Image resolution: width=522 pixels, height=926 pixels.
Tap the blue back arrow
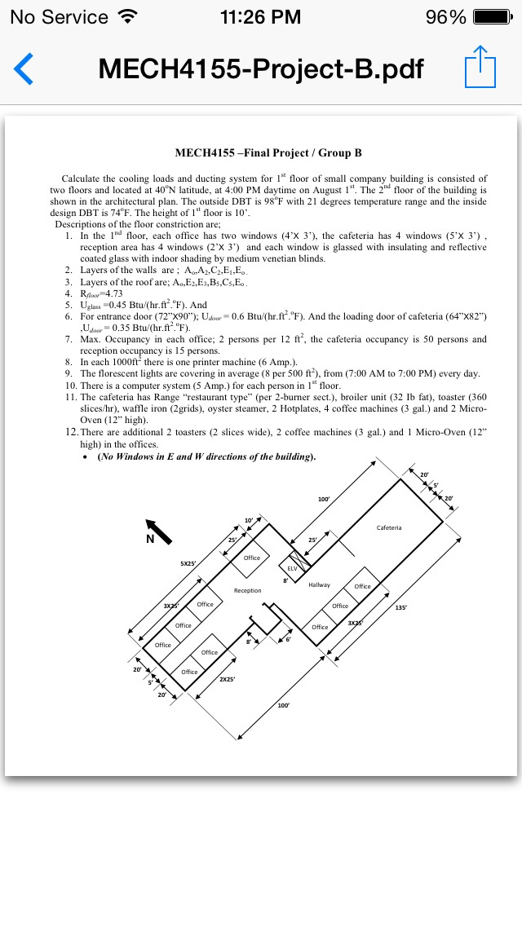tap(24, 69)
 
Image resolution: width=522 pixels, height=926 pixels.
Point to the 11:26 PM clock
tap(260, 17)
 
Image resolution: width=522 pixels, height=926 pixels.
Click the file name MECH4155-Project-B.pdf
tap(261, 69)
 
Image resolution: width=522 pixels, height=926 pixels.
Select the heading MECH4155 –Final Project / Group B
tap(268, 152)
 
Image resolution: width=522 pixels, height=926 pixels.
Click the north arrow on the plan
tap(158, 531)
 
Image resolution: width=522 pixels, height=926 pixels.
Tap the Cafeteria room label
tap(389, 527)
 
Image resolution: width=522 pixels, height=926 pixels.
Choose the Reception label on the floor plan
tap(247, 590)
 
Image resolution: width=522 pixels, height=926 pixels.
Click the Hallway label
tap(319, 584)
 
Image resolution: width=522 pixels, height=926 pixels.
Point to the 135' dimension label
tap(400, 607)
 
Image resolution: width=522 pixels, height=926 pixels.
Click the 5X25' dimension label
tap(188, 563)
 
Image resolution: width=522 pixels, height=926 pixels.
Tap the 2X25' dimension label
tap(228, 679)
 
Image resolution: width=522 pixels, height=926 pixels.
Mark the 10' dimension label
tap(249, 520)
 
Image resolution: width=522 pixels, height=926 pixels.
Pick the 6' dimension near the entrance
tap(288, 640)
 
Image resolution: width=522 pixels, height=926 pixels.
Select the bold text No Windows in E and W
tap(206, 457)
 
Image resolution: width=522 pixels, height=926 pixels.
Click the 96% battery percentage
tap(446, 17)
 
